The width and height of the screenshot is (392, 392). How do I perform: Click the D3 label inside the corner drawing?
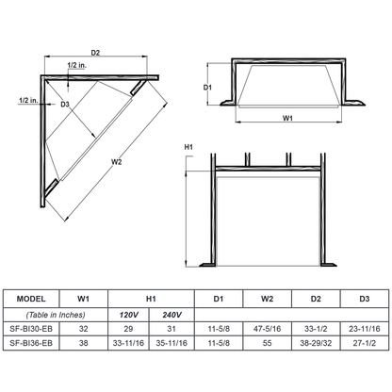point(66,104)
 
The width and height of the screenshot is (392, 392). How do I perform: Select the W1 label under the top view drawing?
point(287,120)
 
